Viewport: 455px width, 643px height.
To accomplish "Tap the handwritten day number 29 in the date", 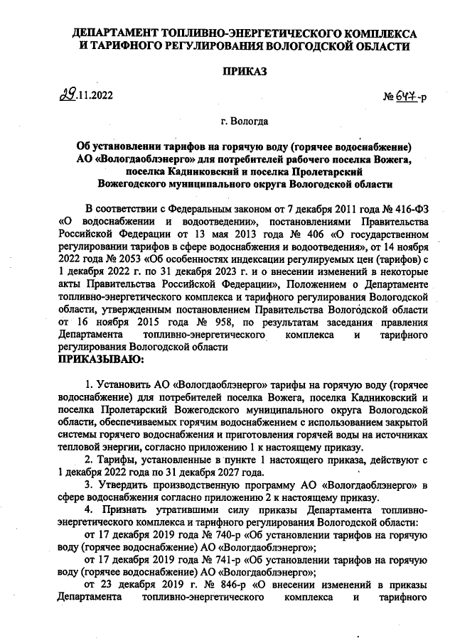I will tap(69, 94).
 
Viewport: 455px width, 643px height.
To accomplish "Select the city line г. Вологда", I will tap(245, 121).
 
